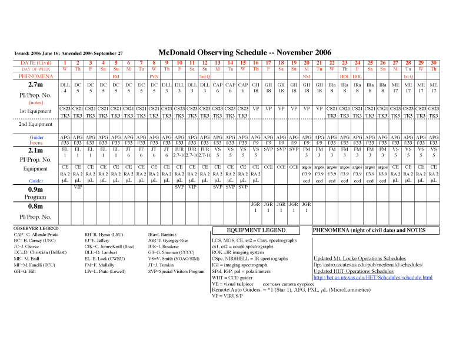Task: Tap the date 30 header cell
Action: coord(434,63)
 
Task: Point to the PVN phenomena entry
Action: coord(154,76)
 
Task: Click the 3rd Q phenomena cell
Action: coord(204,76)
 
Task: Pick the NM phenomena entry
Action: coord(306,76)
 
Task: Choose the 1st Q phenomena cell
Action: coord(408,76)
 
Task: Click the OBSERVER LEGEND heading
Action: coord(36,228)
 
